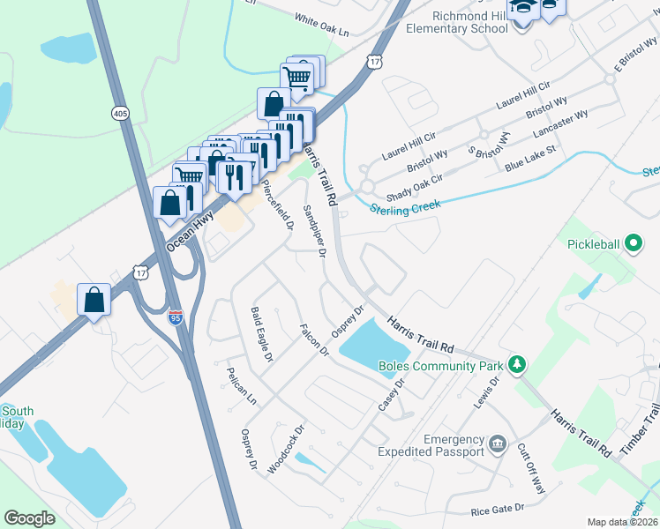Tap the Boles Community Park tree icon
(x=518, y=364)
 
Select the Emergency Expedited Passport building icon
(x=498, y=442)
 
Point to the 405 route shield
(x=119, y=113)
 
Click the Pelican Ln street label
(x=241, y=386)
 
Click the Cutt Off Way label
(x=532, y=468)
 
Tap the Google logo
(x=29, y=518)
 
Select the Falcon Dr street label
(x=314, y=339)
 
